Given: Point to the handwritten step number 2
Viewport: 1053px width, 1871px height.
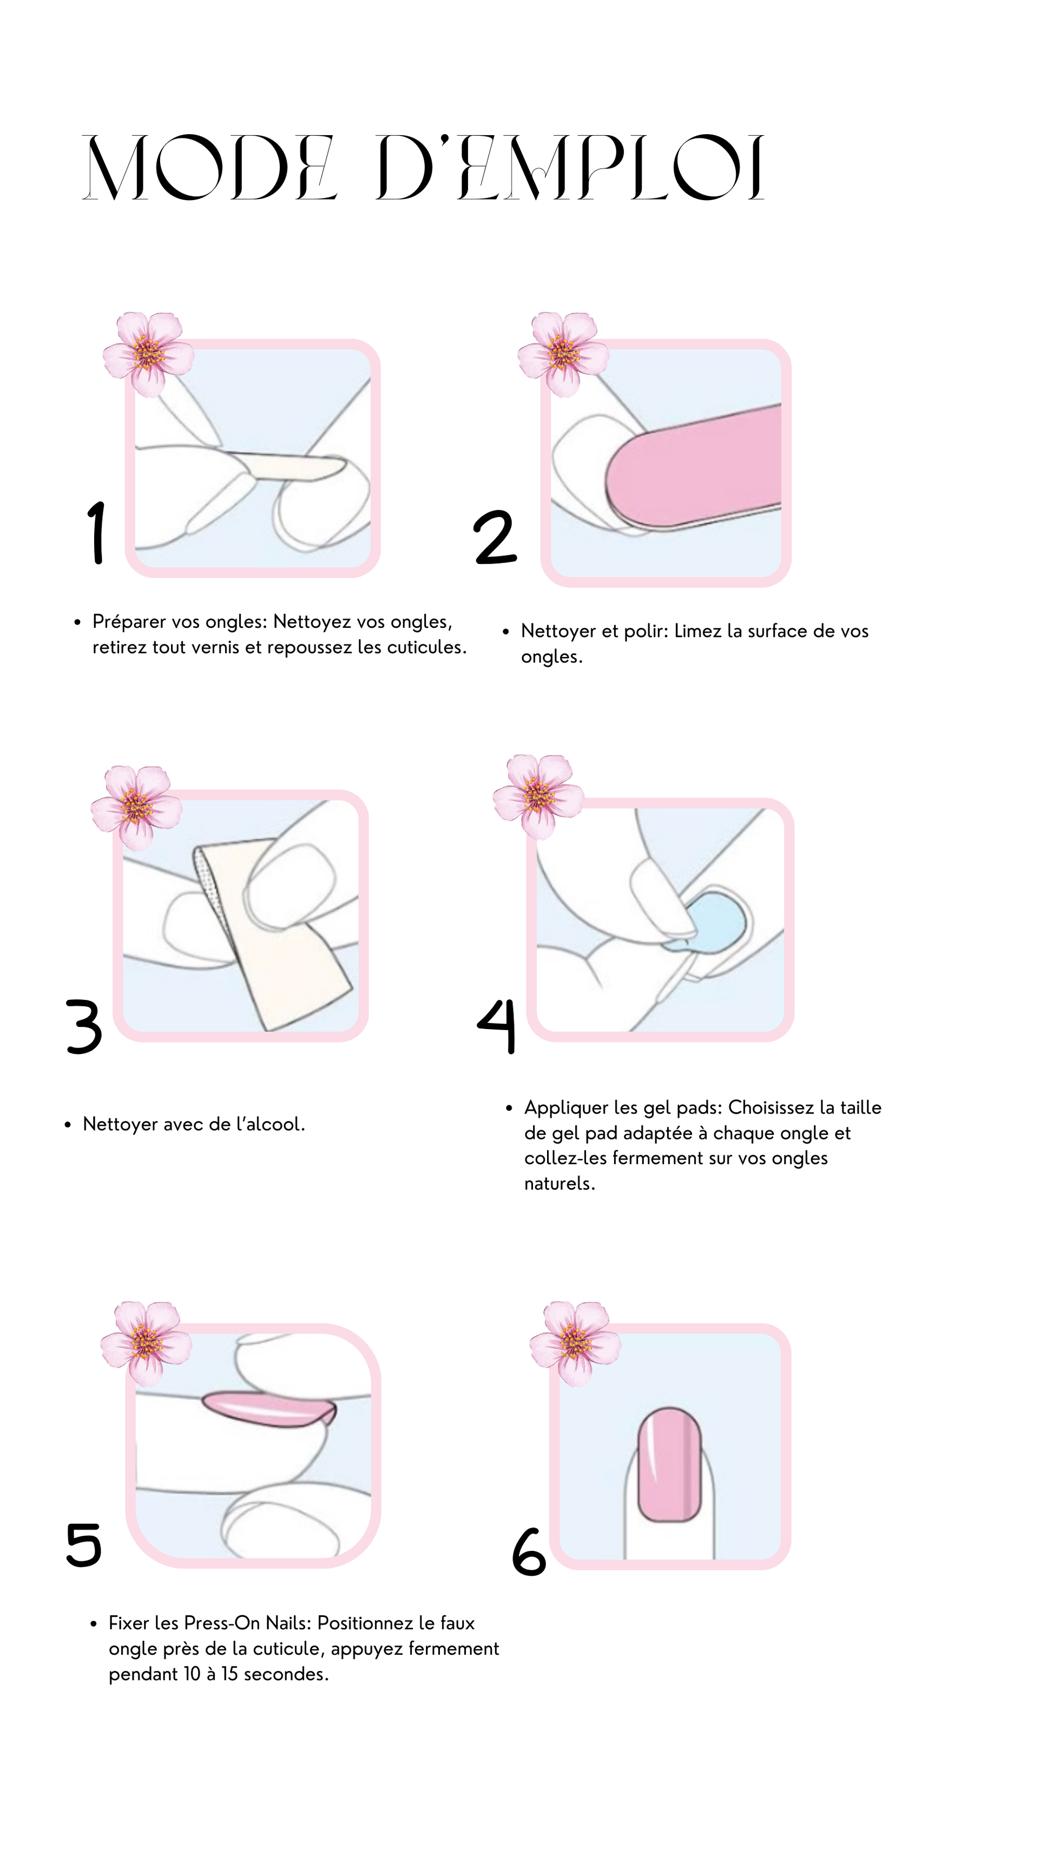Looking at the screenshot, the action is point(495,537).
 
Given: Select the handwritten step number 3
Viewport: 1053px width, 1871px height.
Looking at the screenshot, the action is point(84,1026).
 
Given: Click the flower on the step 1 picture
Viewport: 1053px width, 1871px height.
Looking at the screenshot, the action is point(148,354).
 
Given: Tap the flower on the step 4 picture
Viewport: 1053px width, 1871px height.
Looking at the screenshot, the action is point(538,797).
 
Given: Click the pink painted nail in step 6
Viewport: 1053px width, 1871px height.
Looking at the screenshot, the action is point(669,1464).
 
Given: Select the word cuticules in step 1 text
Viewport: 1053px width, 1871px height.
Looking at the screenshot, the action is point(426,647).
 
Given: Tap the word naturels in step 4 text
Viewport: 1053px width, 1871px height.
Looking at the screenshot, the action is point(560,1184).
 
